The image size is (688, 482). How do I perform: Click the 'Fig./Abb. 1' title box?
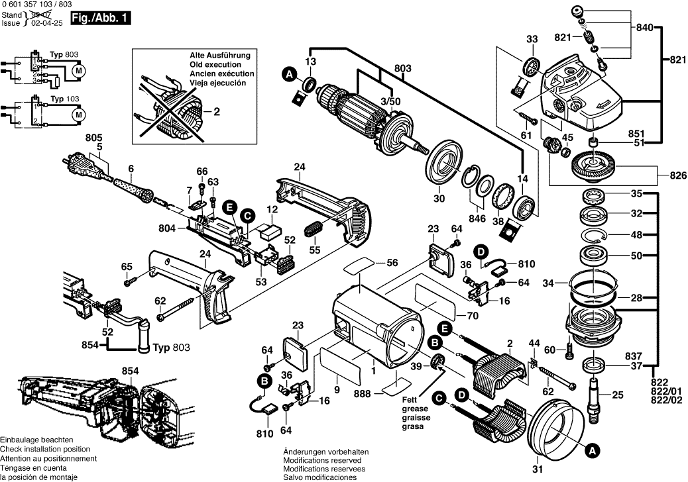101,20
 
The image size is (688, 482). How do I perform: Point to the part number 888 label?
363,393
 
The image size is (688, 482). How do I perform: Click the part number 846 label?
477,218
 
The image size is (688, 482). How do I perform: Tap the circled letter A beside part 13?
289,75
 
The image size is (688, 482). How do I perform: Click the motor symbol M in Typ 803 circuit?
78,70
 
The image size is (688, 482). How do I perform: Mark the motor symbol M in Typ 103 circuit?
78,115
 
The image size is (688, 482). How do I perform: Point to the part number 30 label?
438,198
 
